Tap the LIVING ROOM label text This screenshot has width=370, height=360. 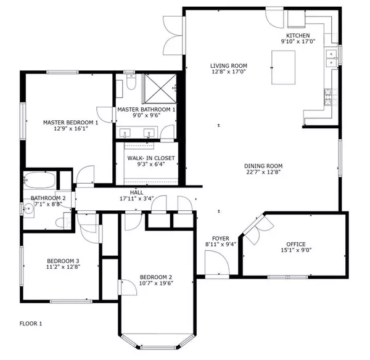tap(228, 65)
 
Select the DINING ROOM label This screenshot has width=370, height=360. tap(263, 166)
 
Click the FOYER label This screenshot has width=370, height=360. tap(220, 238)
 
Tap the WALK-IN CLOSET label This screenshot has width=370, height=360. tap(150, 158)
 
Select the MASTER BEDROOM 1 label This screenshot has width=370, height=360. tap(70, 123)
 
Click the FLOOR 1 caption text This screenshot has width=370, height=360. tap(31, 323)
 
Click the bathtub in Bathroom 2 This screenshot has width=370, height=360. tap(39, 181)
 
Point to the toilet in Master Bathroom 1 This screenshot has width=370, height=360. tap(131, 84)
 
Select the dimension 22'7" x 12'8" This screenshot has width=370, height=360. tap(263, 173)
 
